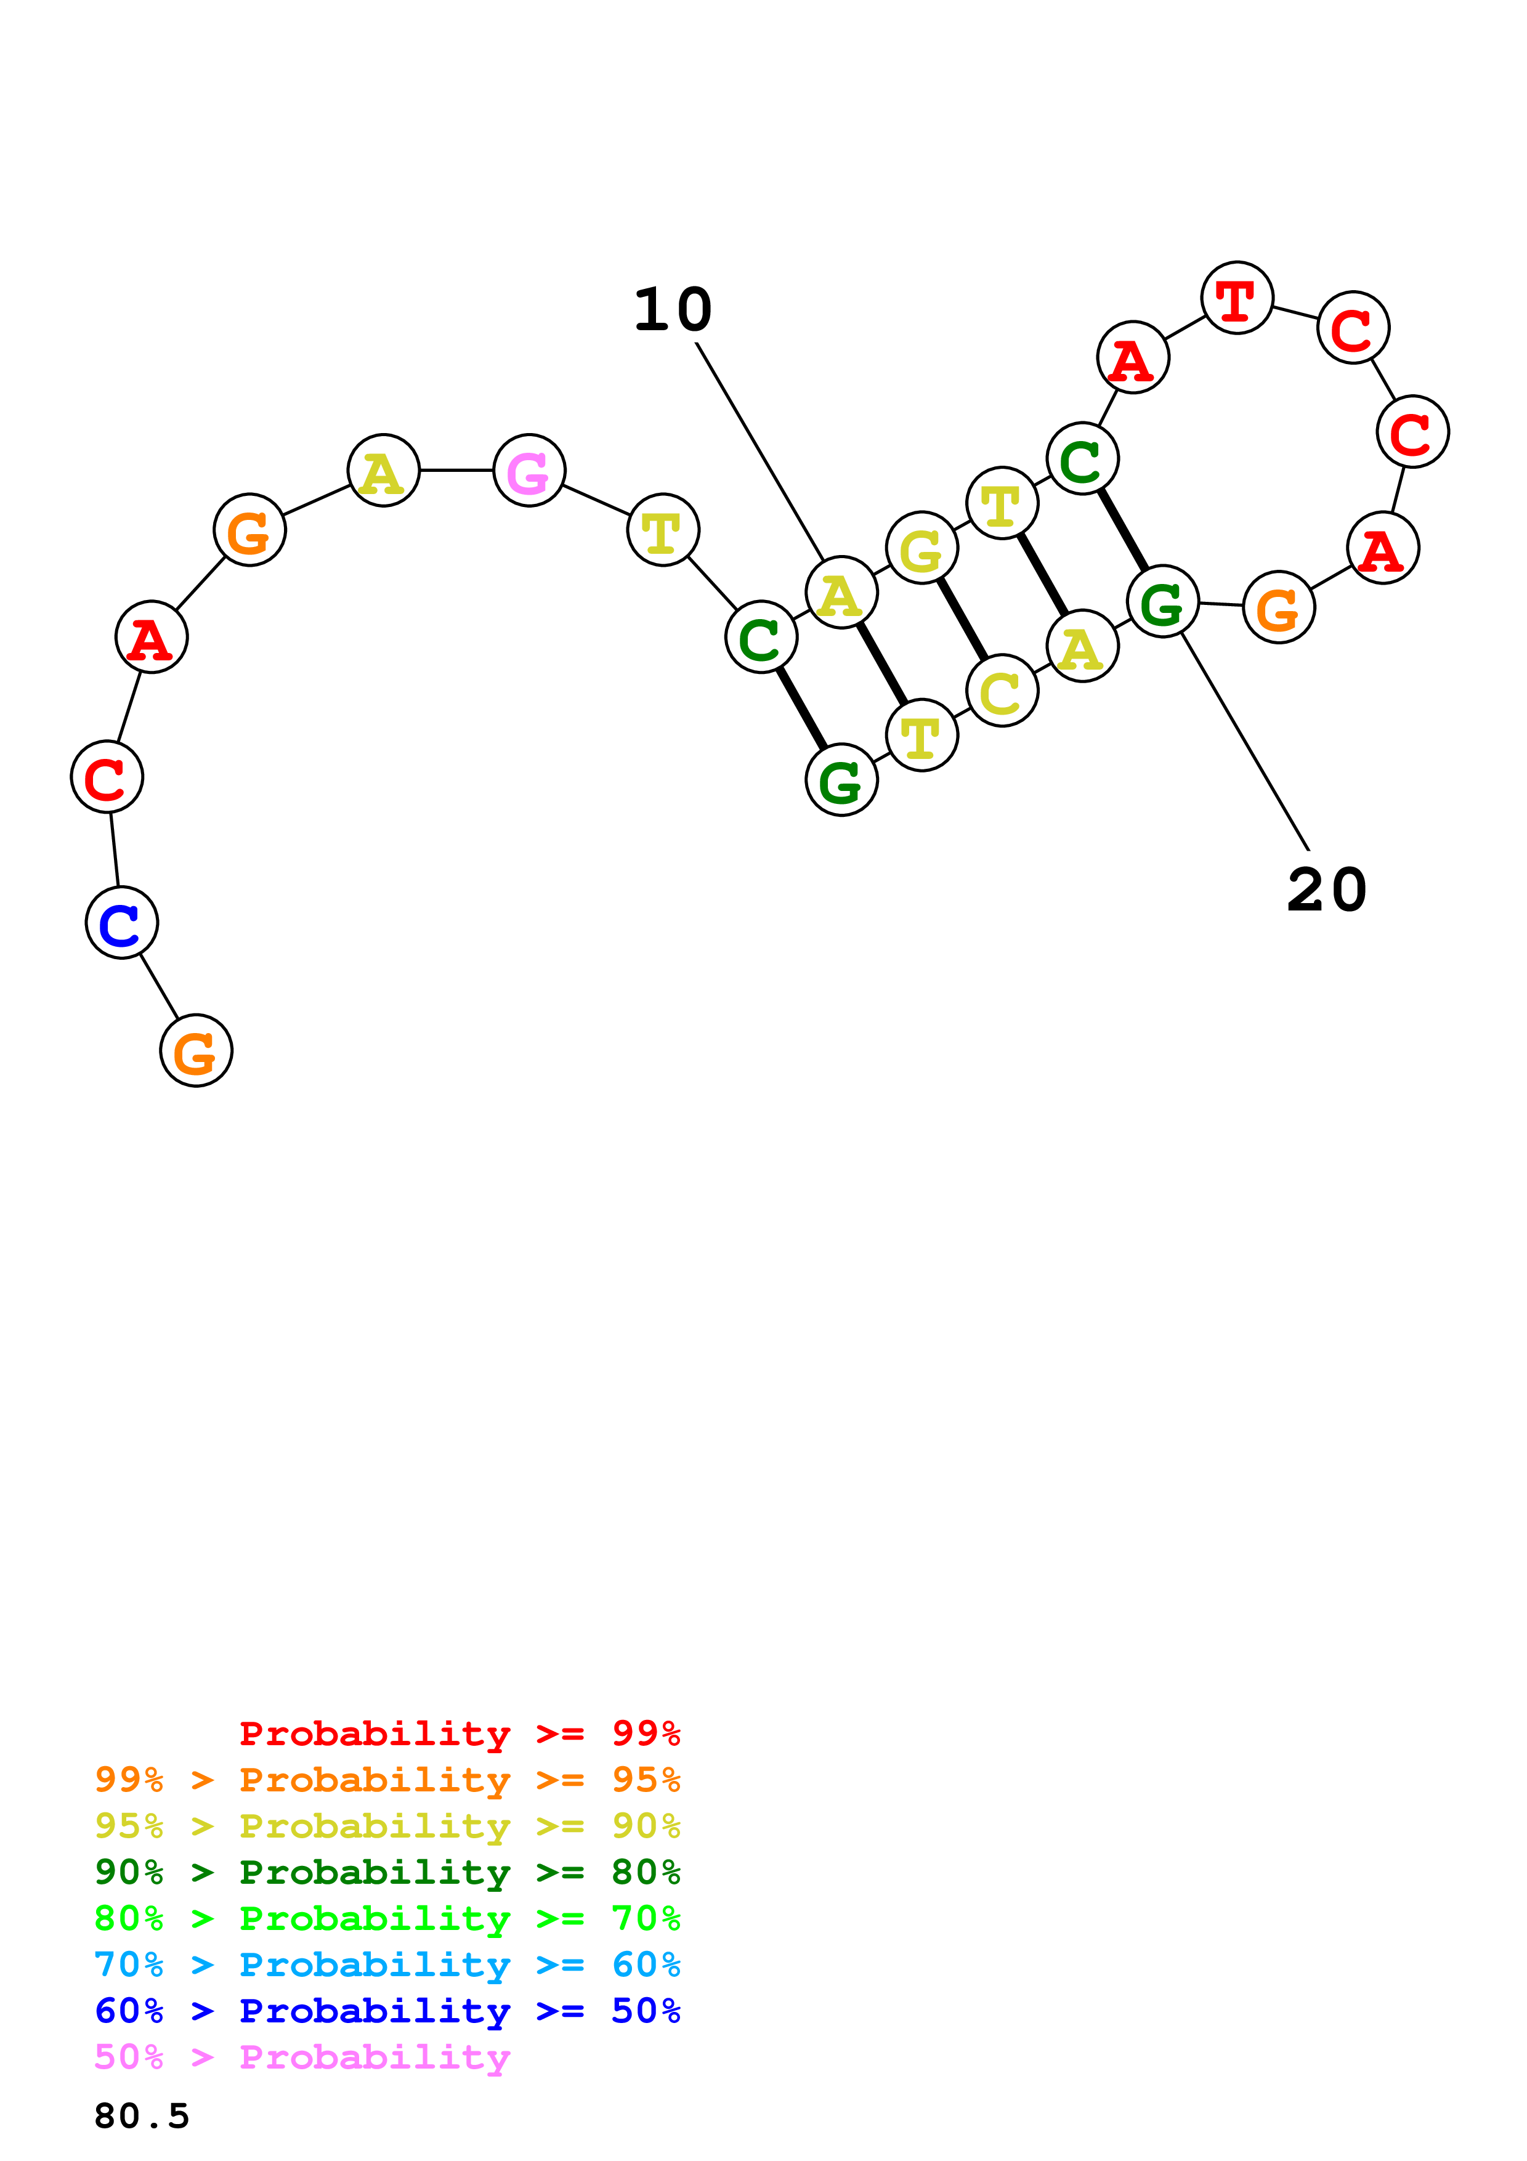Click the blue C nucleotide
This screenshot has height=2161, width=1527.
point(121,922)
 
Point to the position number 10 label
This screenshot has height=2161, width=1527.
point(673,310)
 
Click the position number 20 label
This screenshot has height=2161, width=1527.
point(1327,890)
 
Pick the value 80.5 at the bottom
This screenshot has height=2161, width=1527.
point(142,2117)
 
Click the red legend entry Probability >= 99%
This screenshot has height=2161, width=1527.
point(460,1733)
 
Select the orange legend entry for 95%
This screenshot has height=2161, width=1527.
point(387,1780)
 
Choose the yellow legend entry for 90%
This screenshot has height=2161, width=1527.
point(387,1826)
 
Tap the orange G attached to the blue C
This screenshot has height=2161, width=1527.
point(196,1050)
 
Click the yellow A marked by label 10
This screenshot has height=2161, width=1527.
point(841,592)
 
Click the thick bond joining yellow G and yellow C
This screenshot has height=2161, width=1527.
point(962,619)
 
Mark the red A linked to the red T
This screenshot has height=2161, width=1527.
point(1133,358)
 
